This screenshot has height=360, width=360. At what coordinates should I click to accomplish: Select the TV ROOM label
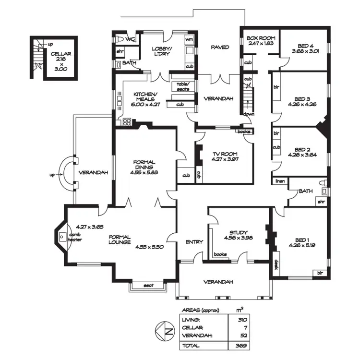225,155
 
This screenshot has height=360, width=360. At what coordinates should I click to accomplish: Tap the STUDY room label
238,231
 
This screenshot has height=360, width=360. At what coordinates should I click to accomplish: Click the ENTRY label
194,242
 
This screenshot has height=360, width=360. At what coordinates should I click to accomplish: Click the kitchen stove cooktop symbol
127,121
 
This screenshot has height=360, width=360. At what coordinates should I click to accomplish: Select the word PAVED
220,47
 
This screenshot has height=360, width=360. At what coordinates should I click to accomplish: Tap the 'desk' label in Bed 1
276,265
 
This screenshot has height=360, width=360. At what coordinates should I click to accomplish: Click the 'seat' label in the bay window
148,286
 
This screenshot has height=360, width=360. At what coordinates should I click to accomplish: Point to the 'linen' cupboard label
280,181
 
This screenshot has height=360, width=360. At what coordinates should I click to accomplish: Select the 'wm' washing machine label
189,39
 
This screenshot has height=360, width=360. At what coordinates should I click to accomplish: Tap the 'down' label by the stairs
249,114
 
